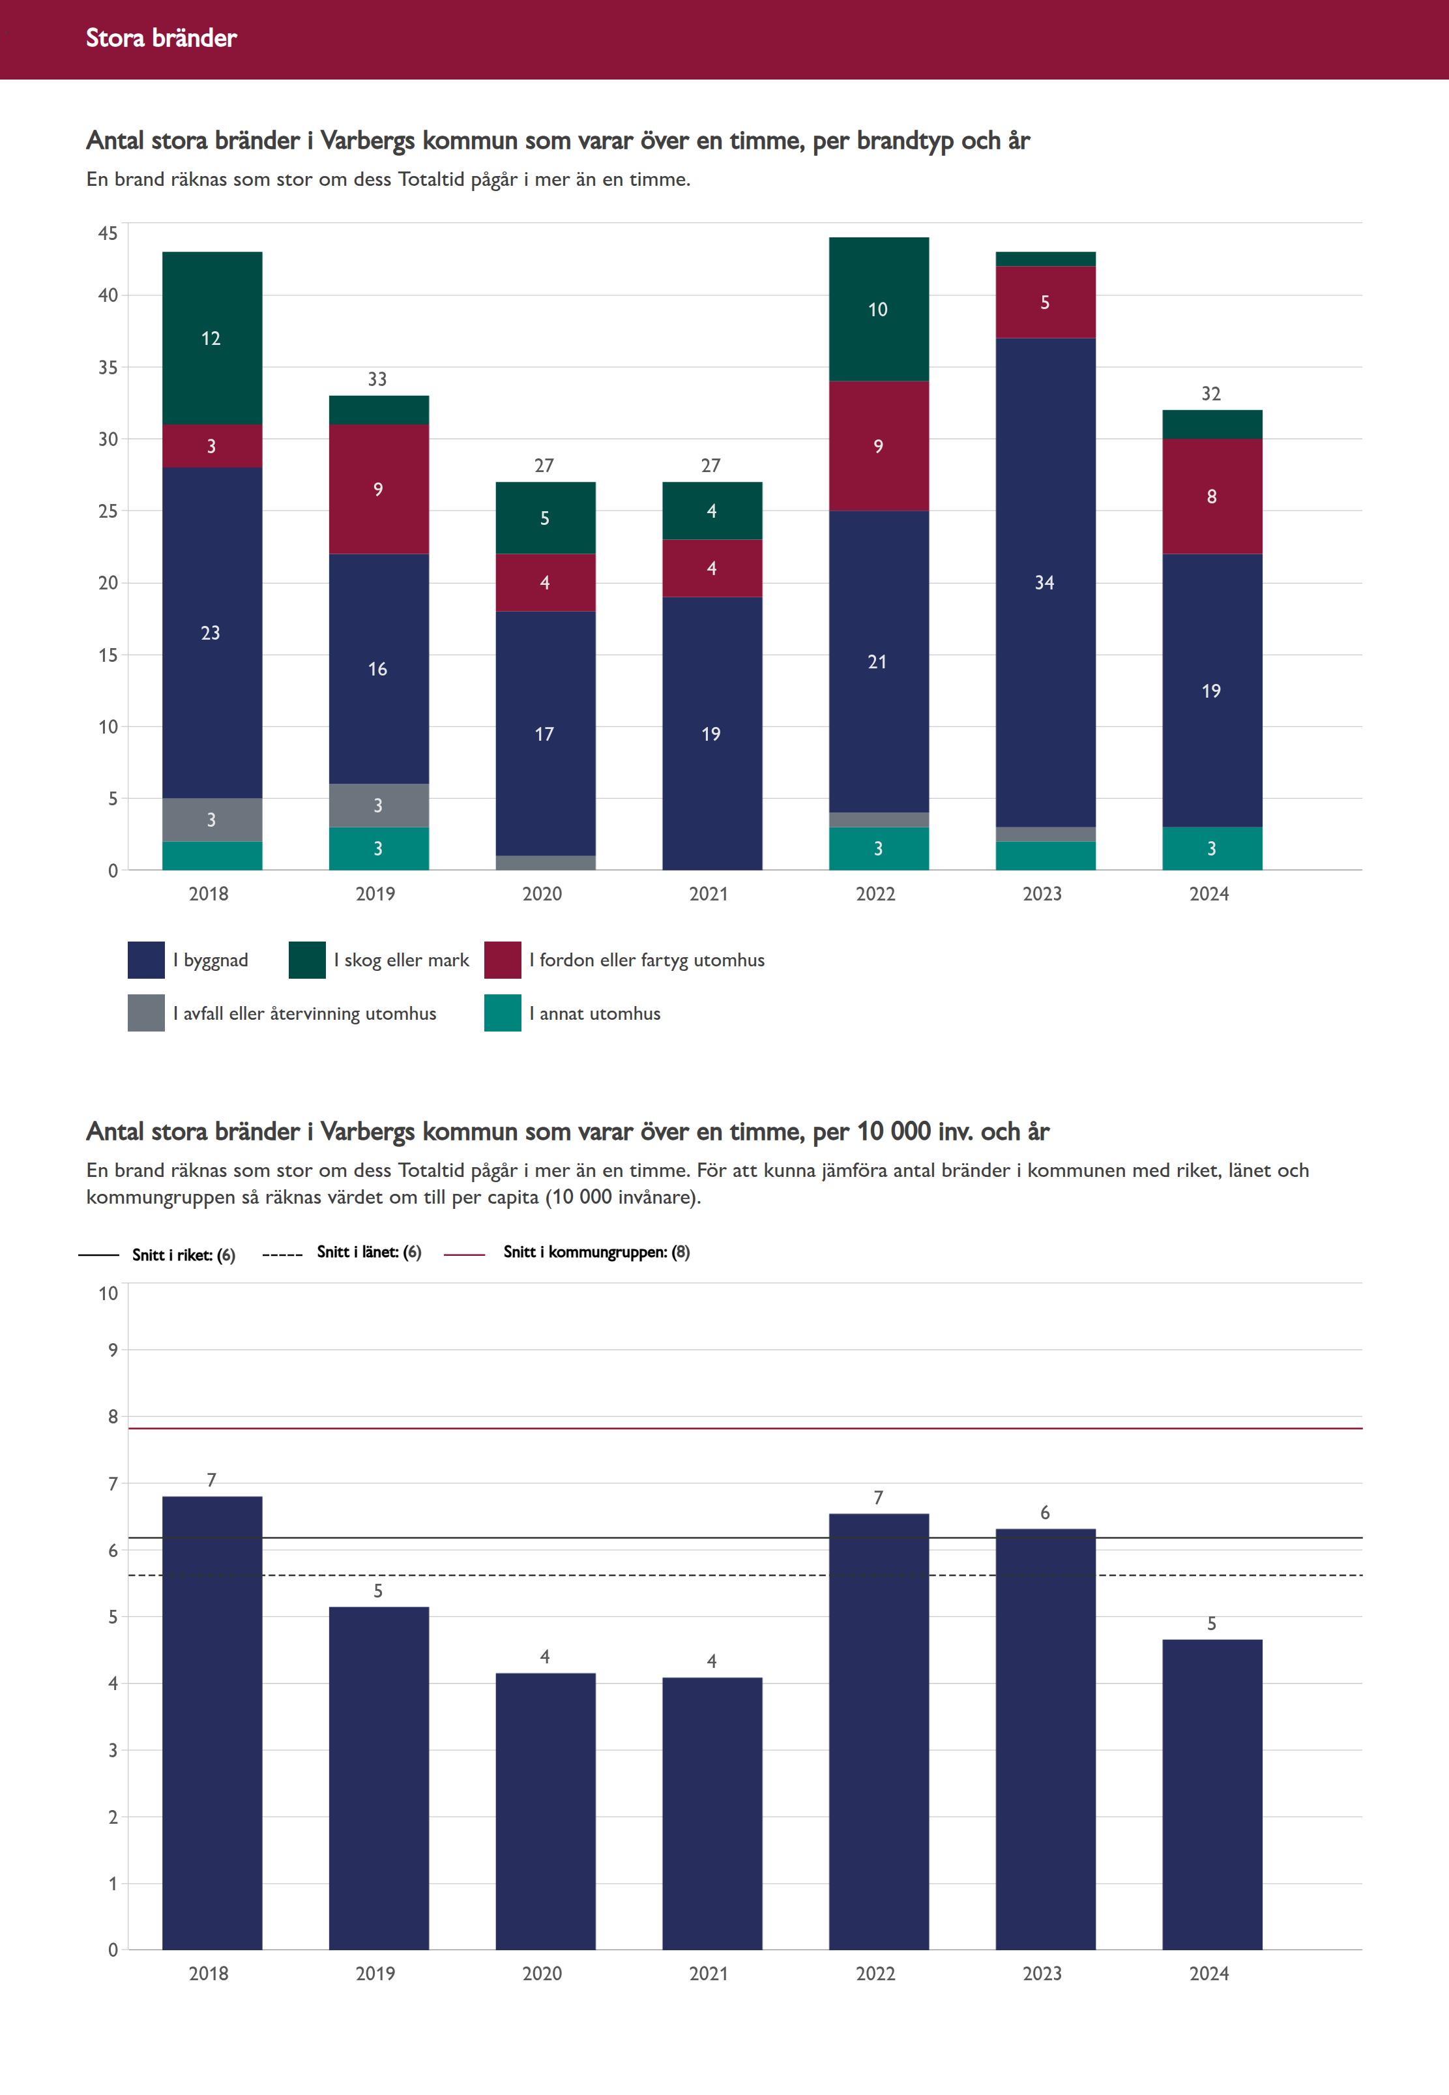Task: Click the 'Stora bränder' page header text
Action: [161, 38]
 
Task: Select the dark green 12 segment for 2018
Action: [212, 338]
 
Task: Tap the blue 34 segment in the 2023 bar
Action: [1045, 582]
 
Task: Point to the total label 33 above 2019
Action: [377, 379]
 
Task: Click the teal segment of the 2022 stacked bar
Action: [878, 848]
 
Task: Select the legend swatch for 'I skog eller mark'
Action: [307, 960]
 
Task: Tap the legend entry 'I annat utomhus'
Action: [594, 1013]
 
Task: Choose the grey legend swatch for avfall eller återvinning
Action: [146, 1013]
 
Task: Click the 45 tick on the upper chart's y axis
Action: [108, 233]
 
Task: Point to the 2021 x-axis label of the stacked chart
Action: [708, 893]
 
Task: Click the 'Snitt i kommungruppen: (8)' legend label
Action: [596, 1253]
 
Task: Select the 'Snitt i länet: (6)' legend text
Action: [369, 1253]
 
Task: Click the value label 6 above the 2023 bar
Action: [1045, 1513]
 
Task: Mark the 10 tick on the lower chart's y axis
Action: [108, 1293]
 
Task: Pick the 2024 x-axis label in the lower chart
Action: [1208, 1973]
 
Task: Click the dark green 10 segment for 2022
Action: [878, 309]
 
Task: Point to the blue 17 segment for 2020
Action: [545, 734]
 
